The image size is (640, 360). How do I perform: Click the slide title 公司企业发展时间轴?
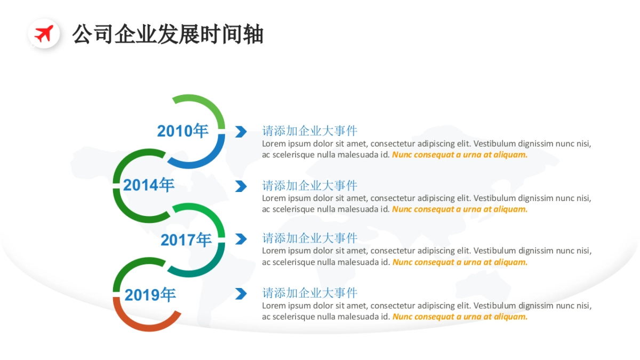167,34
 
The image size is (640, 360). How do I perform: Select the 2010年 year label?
182,131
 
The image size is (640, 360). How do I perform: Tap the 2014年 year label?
149,185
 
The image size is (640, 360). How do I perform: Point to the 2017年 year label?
186,240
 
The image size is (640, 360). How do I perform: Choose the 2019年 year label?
150,294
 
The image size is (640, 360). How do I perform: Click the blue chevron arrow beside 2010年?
241,131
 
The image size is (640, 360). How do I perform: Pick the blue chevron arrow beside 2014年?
241,186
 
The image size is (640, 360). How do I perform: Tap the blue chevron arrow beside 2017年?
241,239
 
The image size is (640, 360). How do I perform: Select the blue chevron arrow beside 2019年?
241,293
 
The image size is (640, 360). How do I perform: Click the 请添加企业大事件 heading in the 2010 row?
309,131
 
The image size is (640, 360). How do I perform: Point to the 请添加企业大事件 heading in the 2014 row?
309,186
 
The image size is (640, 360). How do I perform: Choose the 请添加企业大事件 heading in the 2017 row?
309,238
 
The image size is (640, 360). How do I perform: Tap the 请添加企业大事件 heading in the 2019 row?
309,293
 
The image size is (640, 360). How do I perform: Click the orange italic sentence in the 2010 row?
460,155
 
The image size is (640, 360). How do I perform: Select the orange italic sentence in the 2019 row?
460,316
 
